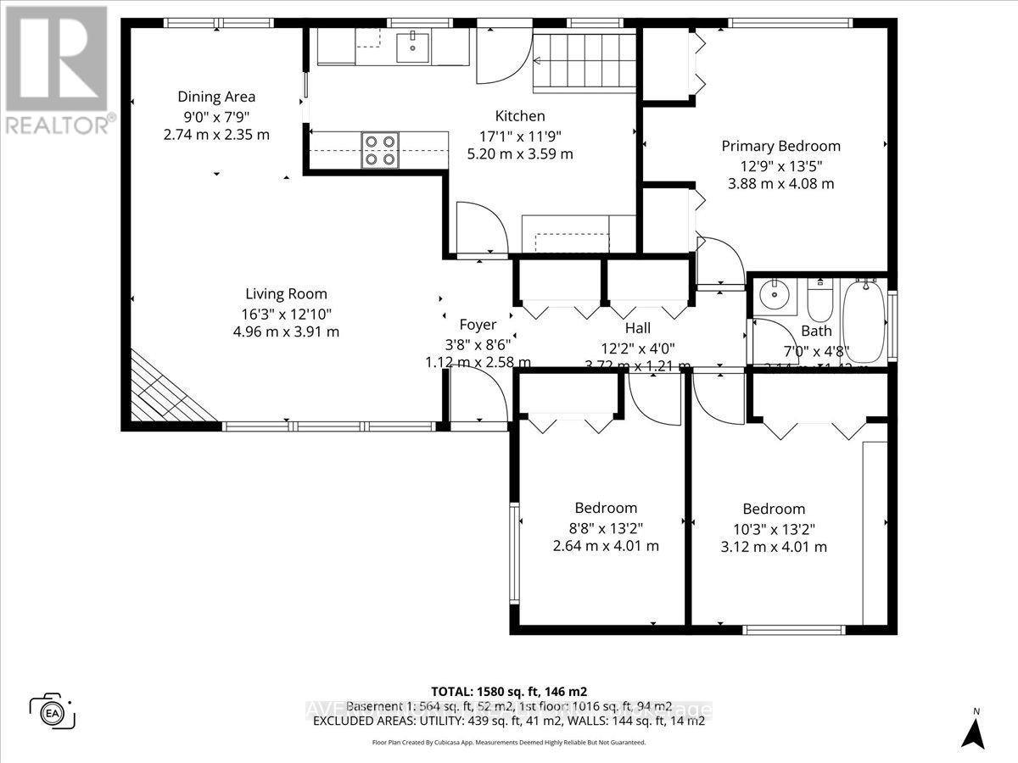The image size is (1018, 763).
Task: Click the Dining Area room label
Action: tap(216, 97)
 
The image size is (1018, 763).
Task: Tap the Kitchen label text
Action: tap(520, 116)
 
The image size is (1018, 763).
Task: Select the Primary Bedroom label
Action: tap(780, 146)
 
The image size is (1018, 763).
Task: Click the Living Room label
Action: tap(286, 294)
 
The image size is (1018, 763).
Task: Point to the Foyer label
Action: tap(478, 324)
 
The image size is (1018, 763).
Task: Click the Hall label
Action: tap(637, 328)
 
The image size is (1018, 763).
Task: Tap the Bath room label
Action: tap(816, 331)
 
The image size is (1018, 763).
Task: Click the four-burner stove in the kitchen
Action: tap(379, 150)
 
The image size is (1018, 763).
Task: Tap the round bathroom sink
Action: tap(773, 297)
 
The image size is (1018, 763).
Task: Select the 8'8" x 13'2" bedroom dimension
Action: tap(606, 527)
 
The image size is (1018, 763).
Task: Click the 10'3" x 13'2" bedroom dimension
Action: tap(773, 528)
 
